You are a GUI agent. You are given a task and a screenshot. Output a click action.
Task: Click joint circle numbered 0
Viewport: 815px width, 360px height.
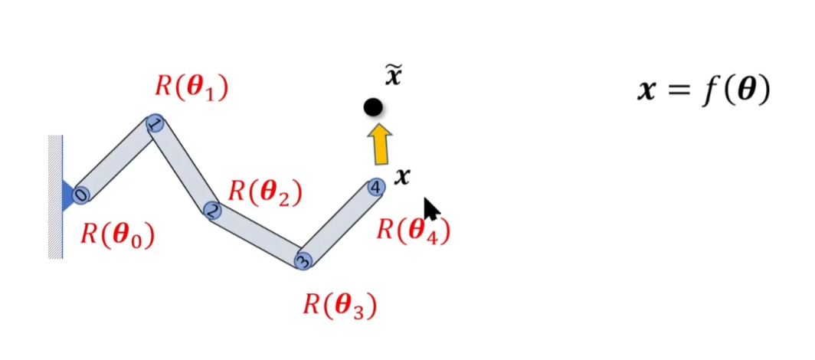(x=81, y=195)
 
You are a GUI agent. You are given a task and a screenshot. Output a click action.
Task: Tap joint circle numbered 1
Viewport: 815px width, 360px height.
(x=155, y=124)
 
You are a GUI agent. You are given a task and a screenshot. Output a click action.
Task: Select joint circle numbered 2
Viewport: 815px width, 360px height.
(x=213, y=210)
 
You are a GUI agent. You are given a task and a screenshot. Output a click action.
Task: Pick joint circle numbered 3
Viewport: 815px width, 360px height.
(x=303, y=260)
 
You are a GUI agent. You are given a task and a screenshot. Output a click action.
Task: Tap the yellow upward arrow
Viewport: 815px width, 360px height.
(x=379, y=145)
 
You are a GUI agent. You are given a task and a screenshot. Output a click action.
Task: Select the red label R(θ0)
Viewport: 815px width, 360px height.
(x=118, y=235)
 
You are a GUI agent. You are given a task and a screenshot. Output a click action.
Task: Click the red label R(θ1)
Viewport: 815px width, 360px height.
(x=191, y=86)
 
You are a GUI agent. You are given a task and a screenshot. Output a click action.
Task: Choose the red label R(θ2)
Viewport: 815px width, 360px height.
(x=265, y=191)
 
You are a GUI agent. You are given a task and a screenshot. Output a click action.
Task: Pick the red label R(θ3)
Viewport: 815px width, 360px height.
(x=340, y=305)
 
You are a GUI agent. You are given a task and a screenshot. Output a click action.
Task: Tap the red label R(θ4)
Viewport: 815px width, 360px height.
(x=413, y=230)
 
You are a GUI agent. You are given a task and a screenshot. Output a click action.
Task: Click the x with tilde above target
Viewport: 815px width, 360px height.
(x=393, y=77)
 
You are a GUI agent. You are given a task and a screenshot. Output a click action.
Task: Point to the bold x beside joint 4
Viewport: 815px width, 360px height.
(x=402, y=178)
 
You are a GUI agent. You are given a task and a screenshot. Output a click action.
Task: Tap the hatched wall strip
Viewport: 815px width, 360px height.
(x=55, y=197)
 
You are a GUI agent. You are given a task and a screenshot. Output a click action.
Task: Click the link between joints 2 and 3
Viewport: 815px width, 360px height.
(x=258, y=235)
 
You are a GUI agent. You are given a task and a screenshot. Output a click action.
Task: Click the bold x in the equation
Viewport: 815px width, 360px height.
(x=649, y=91)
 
